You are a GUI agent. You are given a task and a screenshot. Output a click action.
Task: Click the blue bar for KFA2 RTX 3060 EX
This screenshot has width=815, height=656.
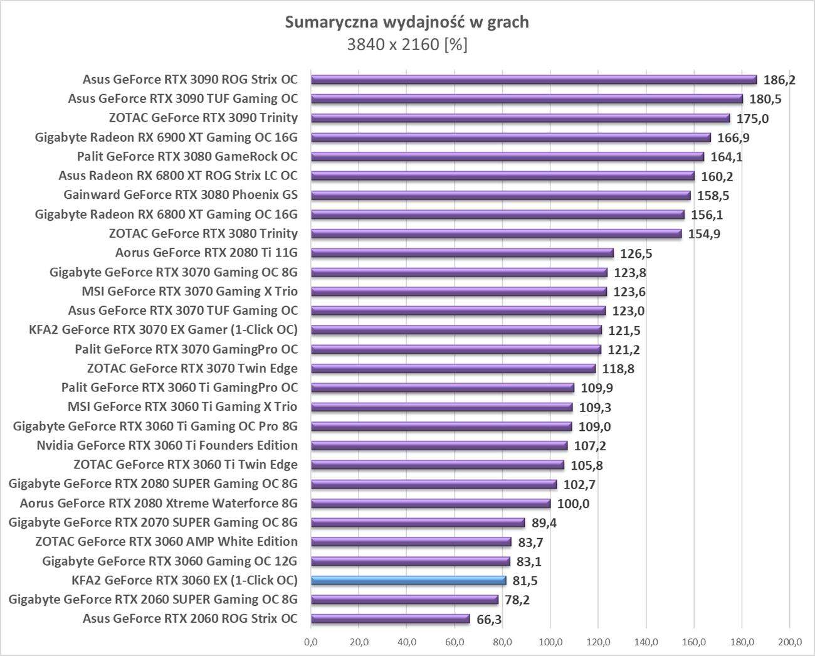[x=408, y=580]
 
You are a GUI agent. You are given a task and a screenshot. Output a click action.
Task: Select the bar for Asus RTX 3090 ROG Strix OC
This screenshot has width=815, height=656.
[x=534, y=80]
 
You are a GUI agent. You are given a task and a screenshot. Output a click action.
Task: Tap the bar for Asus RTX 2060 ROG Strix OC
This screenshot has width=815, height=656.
[x=390, y=619]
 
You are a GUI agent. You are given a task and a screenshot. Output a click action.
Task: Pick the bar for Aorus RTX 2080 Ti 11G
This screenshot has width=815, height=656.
[x=462, y=253]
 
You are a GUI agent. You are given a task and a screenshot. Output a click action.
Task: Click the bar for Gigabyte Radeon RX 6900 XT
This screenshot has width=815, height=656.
[x=510, y=137]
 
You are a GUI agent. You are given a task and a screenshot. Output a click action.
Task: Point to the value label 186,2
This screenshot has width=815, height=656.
[x=779, y=80]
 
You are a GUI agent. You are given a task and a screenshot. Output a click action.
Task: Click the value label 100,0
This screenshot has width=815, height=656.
[x=574, y=504]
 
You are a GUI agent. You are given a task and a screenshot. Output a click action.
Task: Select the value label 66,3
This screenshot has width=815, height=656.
[x=489, y=620]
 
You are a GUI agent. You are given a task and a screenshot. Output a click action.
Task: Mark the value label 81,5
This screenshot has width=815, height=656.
[x=525, y=581]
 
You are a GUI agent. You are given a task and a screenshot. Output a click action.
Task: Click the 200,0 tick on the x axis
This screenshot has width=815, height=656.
[x=790, y=642]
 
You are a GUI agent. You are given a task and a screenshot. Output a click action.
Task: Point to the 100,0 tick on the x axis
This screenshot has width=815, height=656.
[x=550, y=642]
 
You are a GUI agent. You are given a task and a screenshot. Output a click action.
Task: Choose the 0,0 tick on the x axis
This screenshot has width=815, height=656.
[x=310, y=642]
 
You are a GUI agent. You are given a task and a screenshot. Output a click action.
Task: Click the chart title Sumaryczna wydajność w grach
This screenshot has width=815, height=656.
[x=407, y=23]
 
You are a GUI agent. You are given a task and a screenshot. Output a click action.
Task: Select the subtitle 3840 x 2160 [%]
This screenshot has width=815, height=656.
[x=407, y=45]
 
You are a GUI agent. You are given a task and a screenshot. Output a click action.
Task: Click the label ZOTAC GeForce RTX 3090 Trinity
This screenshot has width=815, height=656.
[x=203, y=118]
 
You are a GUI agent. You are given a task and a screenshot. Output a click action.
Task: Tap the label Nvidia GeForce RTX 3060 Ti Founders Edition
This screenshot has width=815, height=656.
[x=167, y=445]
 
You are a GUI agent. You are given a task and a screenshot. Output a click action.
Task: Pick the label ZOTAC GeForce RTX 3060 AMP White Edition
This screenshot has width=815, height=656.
[x=166, y=541]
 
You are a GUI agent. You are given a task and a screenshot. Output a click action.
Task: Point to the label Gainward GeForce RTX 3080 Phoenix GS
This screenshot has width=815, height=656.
[x=181, y=195]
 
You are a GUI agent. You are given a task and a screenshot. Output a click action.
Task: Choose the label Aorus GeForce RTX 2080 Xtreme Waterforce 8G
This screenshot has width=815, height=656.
[x=159, y=503]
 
